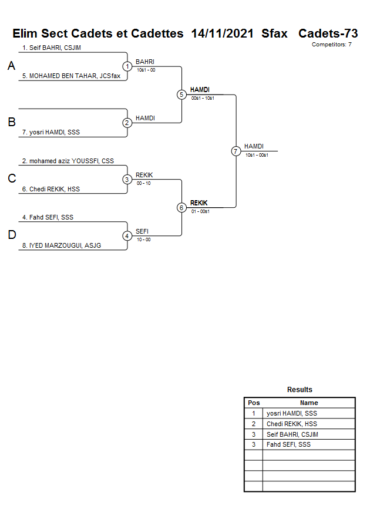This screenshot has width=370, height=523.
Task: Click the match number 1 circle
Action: point(127,66)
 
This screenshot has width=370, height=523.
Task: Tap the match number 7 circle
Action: point(236,151)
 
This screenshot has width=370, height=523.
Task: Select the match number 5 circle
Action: point(181,95)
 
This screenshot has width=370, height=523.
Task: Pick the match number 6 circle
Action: point(181,207)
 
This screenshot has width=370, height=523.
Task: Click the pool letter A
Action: point(11,66)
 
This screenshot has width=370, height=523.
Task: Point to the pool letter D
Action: point(11,235)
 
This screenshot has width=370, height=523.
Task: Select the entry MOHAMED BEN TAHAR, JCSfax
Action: point(71,76)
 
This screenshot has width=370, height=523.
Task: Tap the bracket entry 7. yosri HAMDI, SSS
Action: point(51,132)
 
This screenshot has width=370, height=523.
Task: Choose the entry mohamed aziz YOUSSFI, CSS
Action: point(68,161)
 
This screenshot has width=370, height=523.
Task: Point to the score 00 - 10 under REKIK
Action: point(143,183)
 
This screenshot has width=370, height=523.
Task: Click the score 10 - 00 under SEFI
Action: point(143,239)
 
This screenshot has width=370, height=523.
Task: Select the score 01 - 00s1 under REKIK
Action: point(200,211)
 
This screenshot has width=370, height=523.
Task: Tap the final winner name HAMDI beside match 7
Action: point(254,146)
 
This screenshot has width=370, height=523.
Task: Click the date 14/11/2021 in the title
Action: point(222,33)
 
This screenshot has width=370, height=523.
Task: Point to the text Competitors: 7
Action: point(331,45)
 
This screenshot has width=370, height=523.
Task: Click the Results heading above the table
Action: point(300,390)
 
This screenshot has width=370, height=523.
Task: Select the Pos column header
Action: point(254,403)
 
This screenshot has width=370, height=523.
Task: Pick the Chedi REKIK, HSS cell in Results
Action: point(292,424)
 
